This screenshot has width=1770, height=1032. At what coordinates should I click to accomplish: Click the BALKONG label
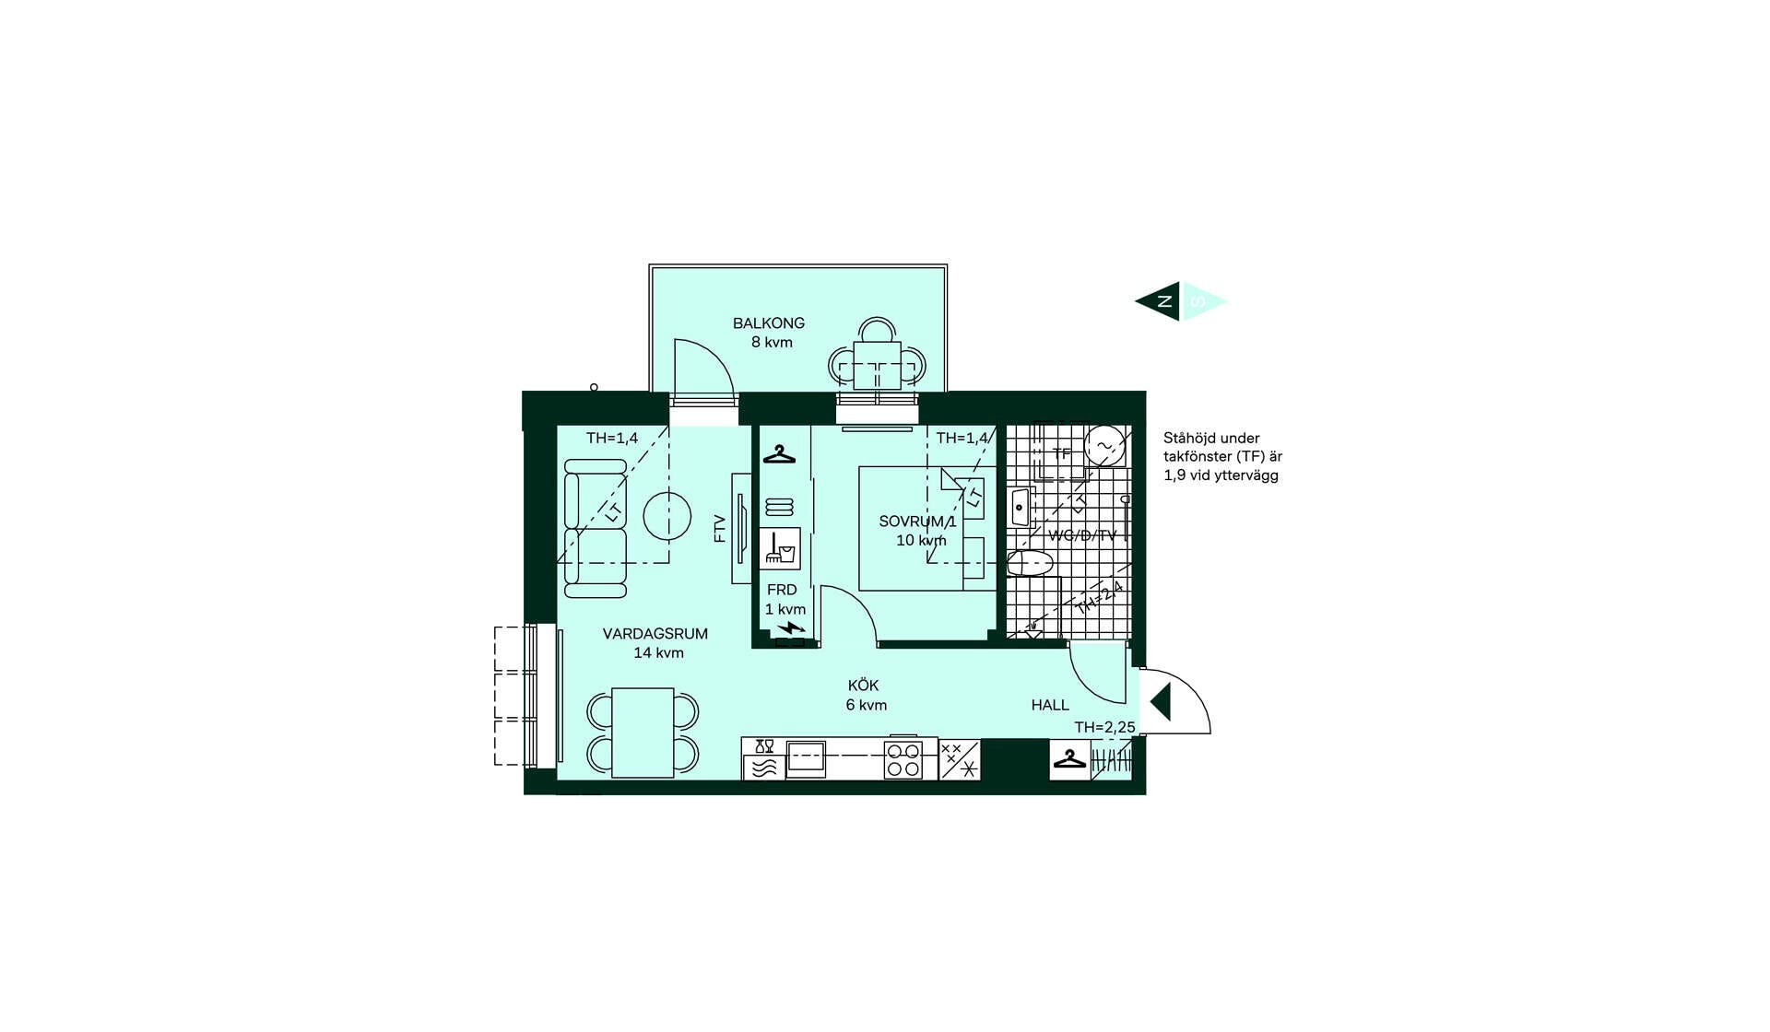[769, 323]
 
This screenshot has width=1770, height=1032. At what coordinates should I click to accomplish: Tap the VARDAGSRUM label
[655, 634]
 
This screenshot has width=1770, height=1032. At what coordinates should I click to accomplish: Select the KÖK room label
[863, 686]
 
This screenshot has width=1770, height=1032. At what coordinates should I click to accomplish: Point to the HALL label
[1050, 705]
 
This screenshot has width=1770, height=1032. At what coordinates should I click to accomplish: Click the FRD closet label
[782, 590]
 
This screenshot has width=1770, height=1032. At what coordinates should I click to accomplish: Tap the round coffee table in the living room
[667, 516]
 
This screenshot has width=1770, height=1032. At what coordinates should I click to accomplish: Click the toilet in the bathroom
[1030, 563]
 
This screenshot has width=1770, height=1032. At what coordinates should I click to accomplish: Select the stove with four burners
[903, 760]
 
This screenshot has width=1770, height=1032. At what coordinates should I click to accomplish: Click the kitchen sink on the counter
[806, 759]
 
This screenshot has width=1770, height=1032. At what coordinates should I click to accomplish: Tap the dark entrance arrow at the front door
[1161, 701]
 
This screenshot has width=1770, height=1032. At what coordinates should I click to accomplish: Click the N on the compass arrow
[1165, 301]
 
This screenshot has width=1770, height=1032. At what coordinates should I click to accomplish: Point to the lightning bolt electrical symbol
[791, 629]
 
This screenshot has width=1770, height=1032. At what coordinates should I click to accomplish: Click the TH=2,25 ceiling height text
[1104, 727]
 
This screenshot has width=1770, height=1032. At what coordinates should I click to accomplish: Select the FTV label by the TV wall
[720, 528]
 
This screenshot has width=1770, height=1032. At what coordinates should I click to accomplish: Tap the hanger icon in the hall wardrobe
[1069, 759]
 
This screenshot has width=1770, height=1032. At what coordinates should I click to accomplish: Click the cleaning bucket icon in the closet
[780, 549]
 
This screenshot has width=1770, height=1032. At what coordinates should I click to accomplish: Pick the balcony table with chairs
[876, 364]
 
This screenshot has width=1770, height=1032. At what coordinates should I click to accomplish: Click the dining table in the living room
[643, 733]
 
